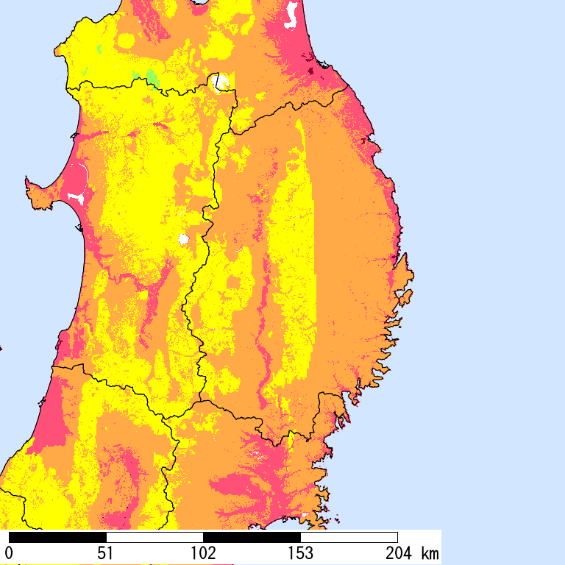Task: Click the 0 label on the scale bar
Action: click(x=9, y=552)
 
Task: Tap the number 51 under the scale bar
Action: click(x=106, y=552)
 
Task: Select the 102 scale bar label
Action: click(x=203, y=552)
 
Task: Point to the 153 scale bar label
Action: click(x=300, y=552)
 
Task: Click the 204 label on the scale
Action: click(x=397, y=552)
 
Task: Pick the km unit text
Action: click(x=429, y=552)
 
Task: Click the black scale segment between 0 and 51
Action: click(x=57, y=537)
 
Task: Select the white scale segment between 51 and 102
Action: click(x=154, y=537)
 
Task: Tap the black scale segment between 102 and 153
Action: click(x=252, y=537)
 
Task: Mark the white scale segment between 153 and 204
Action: click(x=349, y=537)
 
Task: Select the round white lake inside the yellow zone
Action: click(x=183, y=239)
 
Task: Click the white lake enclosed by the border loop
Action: click(x=221, y=81)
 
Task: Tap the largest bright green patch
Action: click(x=152, y=77)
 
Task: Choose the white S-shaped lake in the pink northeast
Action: click(x=293, y=14)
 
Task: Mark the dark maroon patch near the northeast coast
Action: click(x=310, y=71)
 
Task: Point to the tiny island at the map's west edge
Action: click(x=1, y=348)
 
